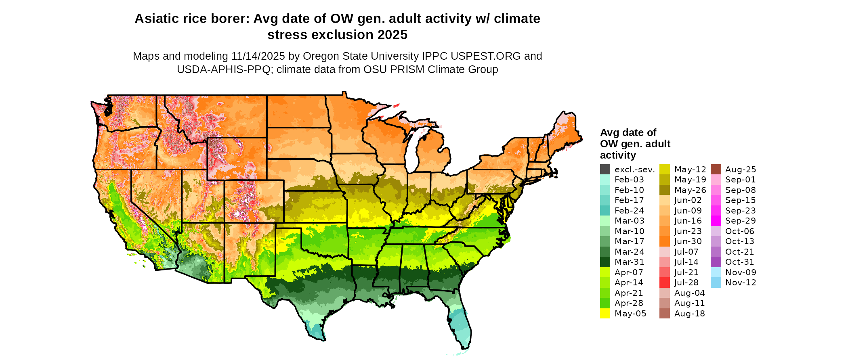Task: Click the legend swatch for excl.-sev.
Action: coord(605,170)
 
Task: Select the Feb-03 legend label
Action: coord(629,180)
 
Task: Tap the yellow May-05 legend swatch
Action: coord(605,314)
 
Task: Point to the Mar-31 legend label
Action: coord(629,262)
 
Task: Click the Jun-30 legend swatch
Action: coord(665,241)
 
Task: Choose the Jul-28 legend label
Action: coord(686,283)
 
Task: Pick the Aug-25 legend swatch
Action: coord(716,170)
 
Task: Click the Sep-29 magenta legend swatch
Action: coord(716,221)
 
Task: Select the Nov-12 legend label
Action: coord(741,283)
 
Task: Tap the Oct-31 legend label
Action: coord(739,262)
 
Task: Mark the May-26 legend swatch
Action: coord(665,190)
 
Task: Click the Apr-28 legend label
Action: coord(629,303)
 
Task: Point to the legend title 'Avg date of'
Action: coord(628,132)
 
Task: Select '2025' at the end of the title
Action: coord(392,35)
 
